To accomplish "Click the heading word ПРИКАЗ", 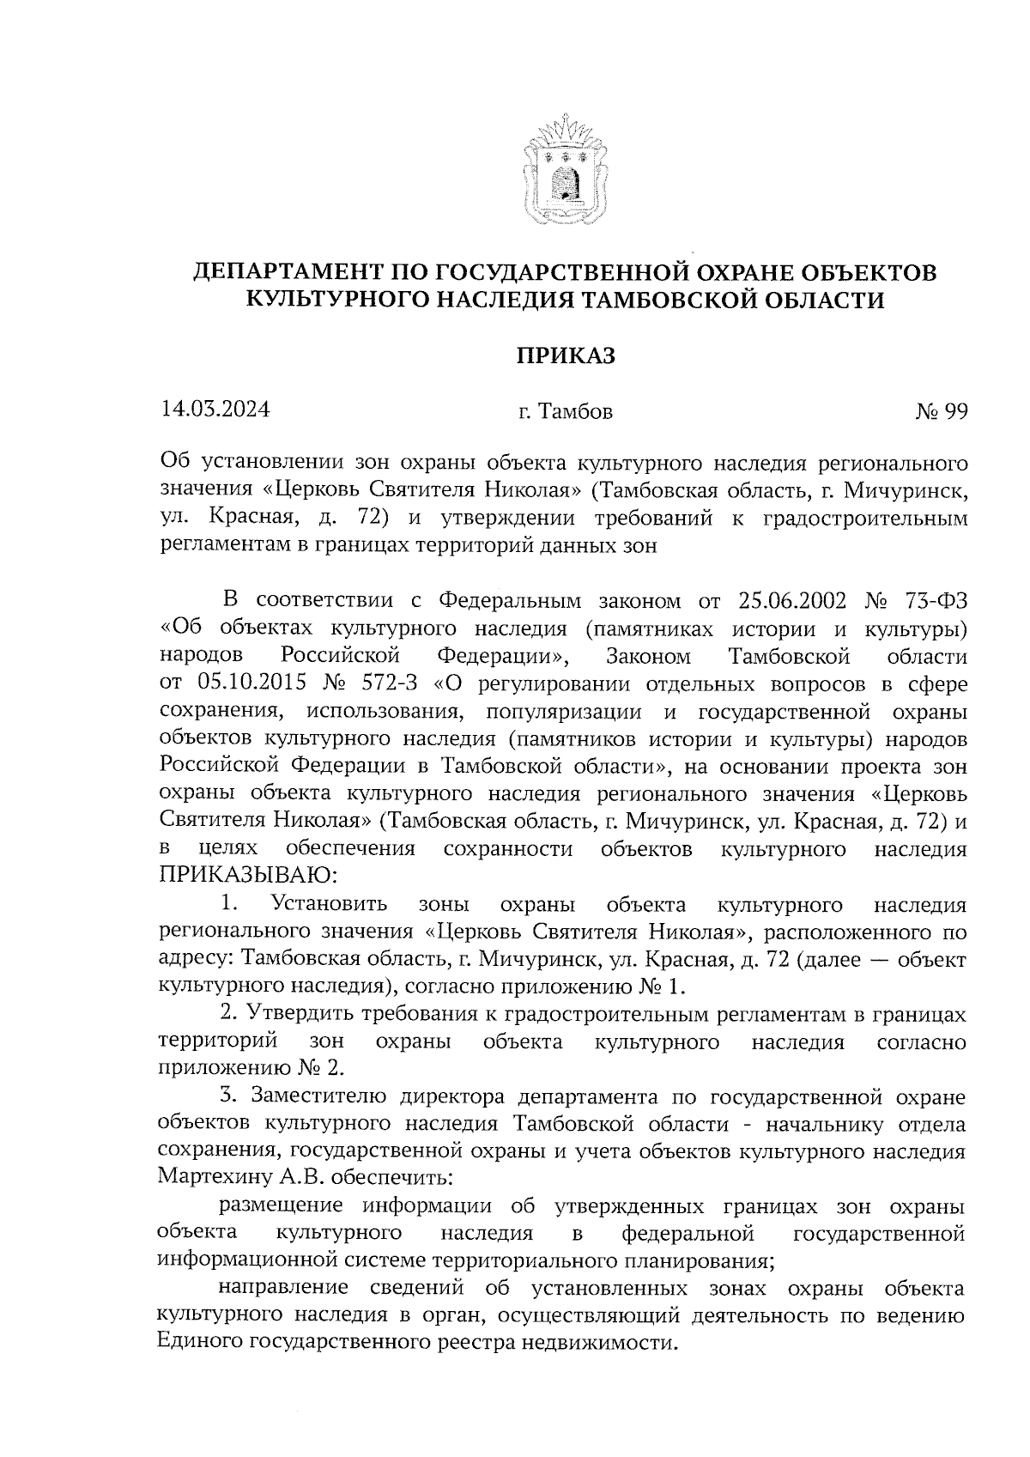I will click(565, 355).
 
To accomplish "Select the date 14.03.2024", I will click(215, 410).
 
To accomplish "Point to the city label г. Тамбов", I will click(565, 412).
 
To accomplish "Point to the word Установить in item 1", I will click(328, 905).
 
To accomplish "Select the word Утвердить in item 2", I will click(301, 1015).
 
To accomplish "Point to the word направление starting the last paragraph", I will click(283, 1288).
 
